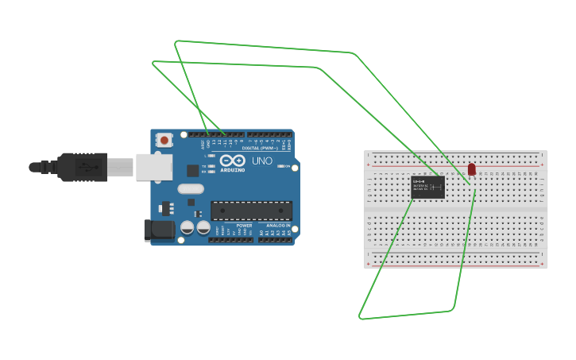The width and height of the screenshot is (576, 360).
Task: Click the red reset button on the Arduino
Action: click(164, 141)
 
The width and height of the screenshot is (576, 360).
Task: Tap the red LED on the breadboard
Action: click(471, 169)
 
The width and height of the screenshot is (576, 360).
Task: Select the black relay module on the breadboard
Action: click(427, 188)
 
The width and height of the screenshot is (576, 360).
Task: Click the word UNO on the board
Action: click(262, 161)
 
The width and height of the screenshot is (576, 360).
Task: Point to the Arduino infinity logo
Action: click(232, 159)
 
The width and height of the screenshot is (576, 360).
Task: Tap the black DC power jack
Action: click(159, 230)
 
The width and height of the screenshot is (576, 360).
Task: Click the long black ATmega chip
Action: click(251, 211)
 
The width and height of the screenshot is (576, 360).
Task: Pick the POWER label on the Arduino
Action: click(244, 226)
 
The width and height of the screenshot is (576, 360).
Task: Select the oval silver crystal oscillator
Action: click(191, 189)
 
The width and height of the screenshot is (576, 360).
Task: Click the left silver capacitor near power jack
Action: click(187, 227)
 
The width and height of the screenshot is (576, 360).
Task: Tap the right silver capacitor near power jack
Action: click(203, 227)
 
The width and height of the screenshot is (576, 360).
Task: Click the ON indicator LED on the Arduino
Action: click(211, 155)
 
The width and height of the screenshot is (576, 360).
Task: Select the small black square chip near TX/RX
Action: click(193, 170)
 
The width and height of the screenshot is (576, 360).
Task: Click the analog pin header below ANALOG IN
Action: click(275, 239)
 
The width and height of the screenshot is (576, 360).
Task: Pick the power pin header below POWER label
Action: click(231, 239)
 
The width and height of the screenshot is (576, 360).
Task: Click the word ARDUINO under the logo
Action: click(233, 169)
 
